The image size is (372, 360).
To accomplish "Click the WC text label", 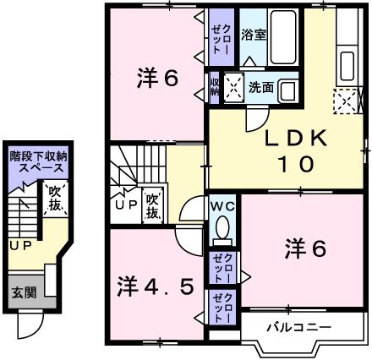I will [x=222, y=205].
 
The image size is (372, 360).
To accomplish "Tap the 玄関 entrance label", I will [x=24, y=292].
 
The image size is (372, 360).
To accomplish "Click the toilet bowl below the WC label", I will [x=223, y=228].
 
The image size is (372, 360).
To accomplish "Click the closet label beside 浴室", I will [x=219, y=37].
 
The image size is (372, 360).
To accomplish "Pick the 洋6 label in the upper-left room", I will [x=158, y=79].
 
